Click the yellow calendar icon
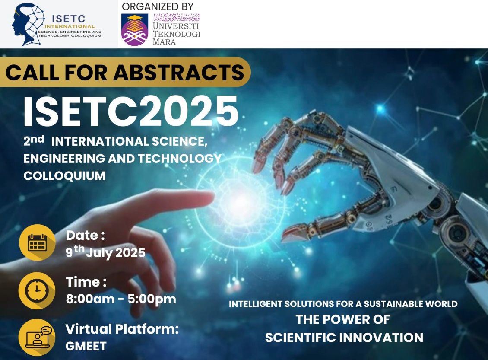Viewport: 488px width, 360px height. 37,242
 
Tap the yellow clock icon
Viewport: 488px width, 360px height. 37,290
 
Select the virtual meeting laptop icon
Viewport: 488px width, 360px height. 37,337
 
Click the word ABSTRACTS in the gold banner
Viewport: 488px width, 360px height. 179,72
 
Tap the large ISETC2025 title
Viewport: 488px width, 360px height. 131,112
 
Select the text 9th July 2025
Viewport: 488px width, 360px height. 105,252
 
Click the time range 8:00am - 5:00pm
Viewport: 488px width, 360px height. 121,299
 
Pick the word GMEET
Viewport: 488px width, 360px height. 86,346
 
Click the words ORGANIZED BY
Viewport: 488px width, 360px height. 158,6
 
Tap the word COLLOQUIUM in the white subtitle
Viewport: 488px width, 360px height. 64,176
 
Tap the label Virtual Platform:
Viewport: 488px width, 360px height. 122,329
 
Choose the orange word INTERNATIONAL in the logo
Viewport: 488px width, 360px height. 70,26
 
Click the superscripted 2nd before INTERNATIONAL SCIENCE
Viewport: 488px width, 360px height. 34,140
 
